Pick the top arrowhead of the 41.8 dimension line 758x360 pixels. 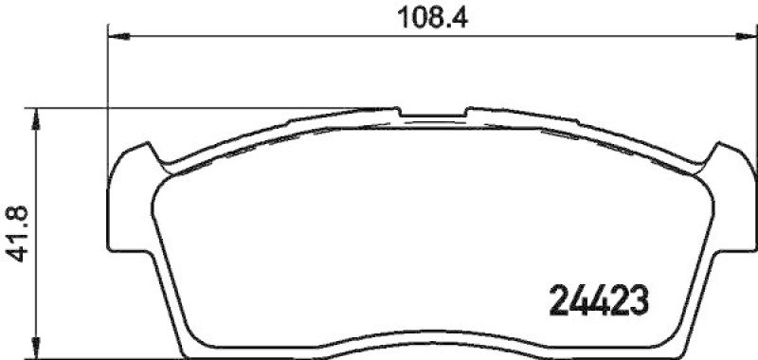(x=37, y=117)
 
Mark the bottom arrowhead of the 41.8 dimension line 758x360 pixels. (x=37, y=350)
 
